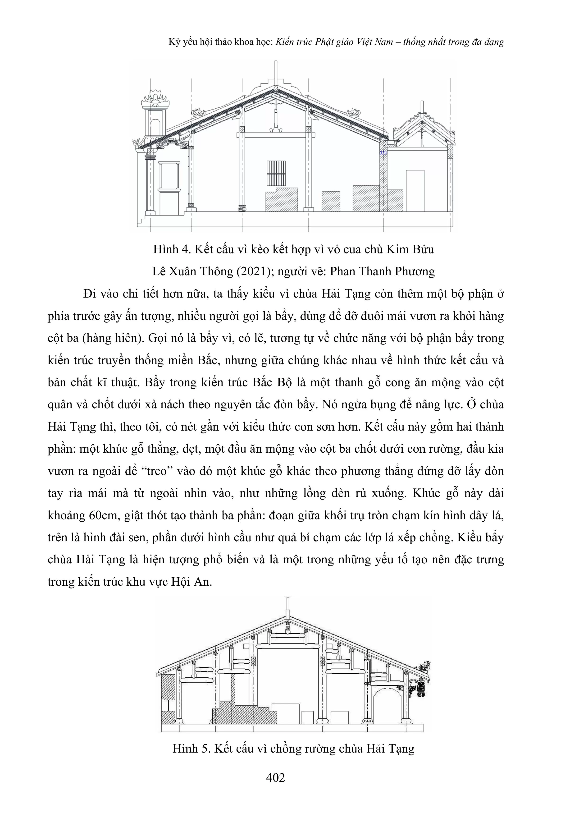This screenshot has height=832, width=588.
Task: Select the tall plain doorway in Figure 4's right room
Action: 415,191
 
